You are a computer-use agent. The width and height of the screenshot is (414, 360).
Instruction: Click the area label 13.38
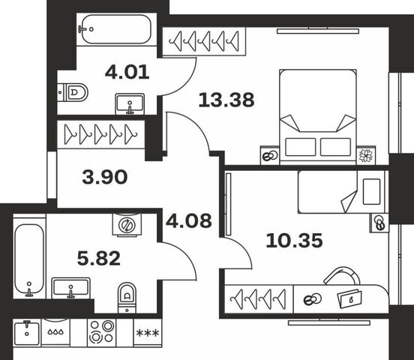(x=226, y=100)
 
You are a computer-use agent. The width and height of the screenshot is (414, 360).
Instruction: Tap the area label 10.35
(x=294, y=241)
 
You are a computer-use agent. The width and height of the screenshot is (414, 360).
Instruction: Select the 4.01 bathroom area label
(x=127, y=72)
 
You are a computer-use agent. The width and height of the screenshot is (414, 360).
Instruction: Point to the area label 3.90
(x=105, y=177)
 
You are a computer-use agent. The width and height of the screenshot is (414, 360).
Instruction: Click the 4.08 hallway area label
(x=189, y=220)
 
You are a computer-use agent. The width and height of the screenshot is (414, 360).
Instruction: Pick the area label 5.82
(x=99, y=258)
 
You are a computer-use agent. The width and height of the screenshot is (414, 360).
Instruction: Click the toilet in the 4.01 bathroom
(x=73, y=92)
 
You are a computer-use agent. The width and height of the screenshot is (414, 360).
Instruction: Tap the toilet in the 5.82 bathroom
(x=127, y=298)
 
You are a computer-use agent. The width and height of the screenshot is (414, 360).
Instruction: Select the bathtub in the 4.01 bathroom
(x=116, y=29)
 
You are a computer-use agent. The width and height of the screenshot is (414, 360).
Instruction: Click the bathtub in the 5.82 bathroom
(x=29, y=258)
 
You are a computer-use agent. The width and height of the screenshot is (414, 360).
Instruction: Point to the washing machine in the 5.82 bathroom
(x=127, y=224)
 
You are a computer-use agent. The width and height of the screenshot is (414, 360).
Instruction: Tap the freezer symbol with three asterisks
(x=148, y=332)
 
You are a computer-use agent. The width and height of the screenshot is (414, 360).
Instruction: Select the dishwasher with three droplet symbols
(x=55, y=331)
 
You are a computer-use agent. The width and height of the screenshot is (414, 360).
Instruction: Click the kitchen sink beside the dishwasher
(x=27, y=333)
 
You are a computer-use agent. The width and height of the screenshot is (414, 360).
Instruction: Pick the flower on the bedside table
(x=366, y=155)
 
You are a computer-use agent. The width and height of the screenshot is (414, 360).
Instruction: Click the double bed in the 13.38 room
(x=318, y=116)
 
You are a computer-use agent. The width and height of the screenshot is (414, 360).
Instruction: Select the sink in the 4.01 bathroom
(x=130, y=103)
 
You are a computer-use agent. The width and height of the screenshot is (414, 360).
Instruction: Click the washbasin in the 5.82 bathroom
(x=70, y=288)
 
